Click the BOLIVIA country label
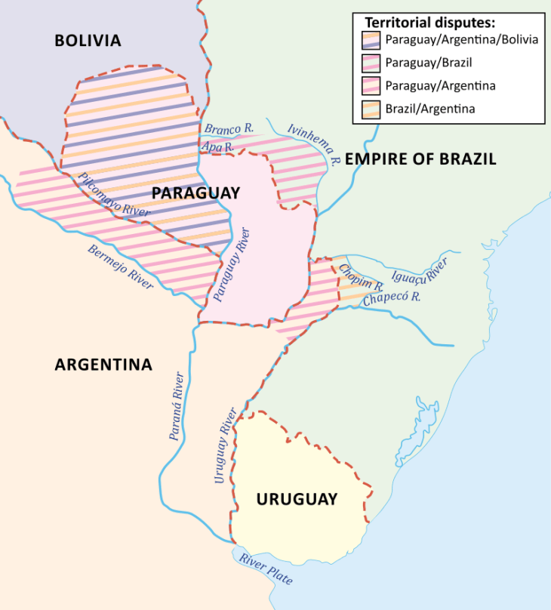[x=88, y=41]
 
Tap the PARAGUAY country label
[x=195, y=193]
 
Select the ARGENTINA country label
[x=103, y=365]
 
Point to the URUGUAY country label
[x=297, y=499]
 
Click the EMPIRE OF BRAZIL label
[x=420, y=159]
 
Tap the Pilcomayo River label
[x=113, y=196]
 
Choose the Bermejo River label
[x=121, y=267]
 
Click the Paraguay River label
[x=230, y=263]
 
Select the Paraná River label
[x=176, y=407]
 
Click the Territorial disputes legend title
[x=428, y=23]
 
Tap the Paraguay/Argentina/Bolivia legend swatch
[x=371, y=40]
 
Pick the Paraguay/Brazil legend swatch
[x=371, y=63]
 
